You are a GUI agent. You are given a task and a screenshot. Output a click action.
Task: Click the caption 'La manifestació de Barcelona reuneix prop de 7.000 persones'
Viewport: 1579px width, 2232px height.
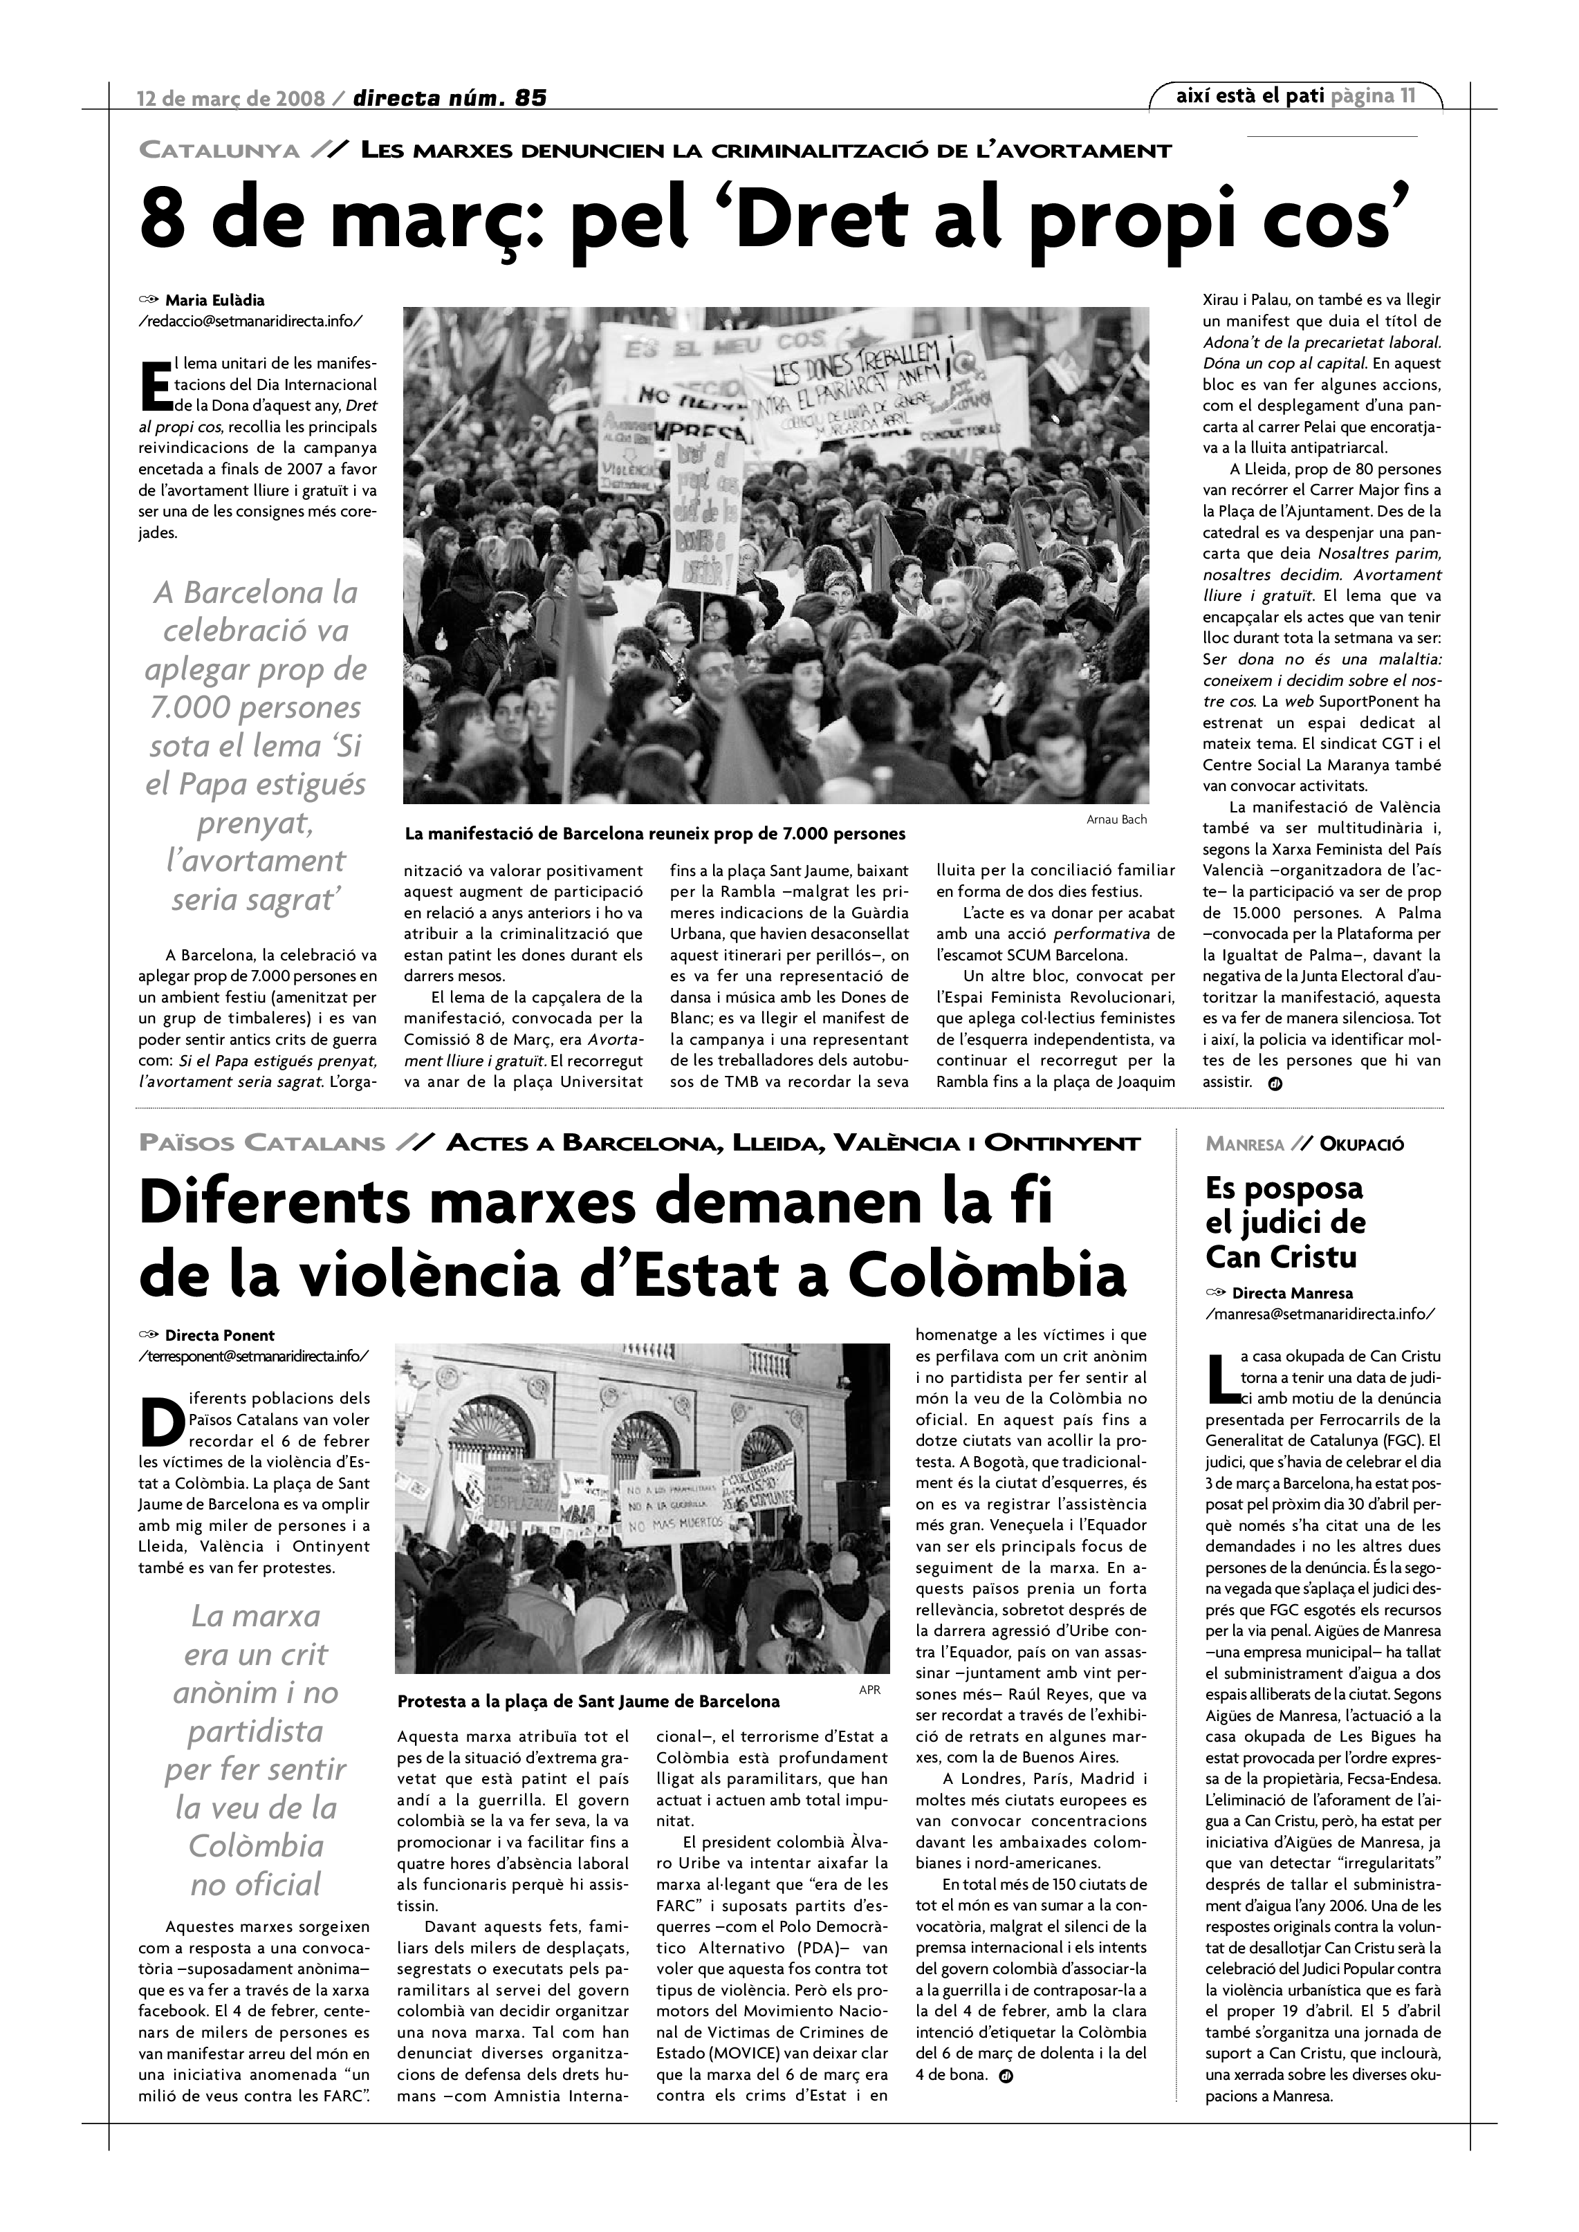coord(654,834)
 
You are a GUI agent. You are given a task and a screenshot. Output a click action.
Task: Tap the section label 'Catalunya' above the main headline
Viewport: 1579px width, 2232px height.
coord(219,151)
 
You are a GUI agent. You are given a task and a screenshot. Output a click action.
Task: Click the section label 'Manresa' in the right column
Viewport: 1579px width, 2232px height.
coord(1244,1144)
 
